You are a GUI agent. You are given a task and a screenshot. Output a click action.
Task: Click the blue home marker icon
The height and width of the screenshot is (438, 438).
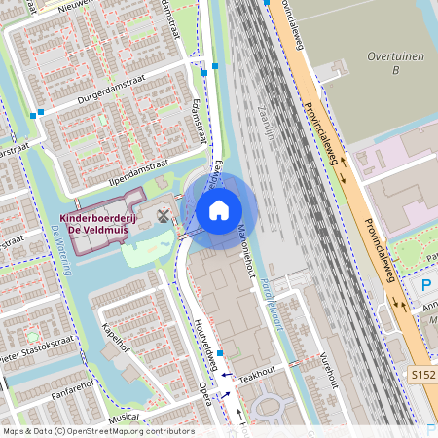tap(219, 209)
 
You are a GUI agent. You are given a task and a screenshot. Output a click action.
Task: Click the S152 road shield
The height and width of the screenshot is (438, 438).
tap(422, 375)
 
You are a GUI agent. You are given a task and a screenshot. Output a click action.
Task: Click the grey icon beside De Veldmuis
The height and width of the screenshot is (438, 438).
tap(162, 213)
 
